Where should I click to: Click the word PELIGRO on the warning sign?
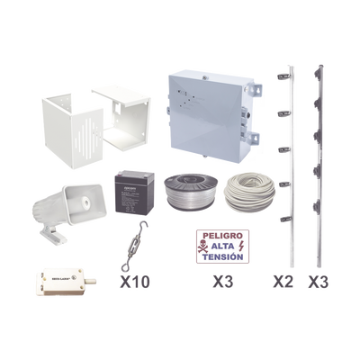(221, 236)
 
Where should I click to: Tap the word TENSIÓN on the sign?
(222, 257)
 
